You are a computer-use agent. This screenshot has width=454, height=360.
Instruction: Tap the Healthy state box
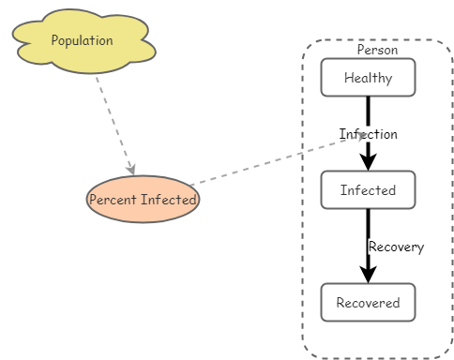coord(368,78)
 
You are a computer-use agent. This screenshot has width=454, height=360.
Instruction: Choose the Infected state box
coord(368,190)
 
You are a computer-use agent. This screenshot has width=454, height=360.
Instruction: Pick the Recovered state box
coord(368,303)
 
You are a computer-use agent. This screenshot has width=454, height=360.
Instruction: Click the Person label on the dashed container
coord(377,50)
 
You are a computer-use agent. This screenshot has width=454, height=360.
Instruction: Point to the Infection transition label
coord(369,134)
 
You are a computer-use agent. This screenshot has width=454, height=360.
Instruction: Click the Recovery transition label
coord(396,247)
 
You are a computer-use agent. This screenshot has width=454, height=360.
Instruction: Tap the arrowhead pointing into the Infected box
coord(369,162)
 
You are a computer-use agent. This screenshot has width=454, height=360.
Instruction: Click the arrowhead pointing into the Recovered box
coord(369,274)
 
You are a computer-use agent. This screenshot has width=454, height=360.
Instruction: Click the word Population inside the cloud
coord(83,40)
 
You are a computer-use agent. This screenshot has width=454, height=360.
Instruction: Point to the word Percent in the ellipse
coord(112,200)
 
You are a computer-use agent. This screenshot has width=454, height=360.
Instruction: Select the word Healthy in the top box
coord(368,78)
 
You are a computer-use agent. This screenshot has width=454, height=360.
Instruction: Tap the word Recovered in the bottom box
coord(368,303)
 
